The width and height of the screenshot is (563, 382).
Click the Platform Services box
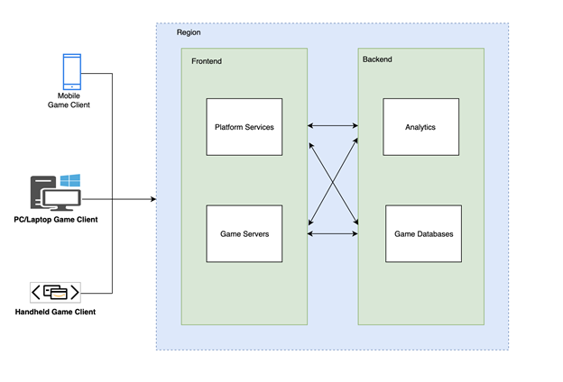point(245,127)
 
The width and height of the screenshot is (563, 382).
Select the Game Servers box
point(245,233)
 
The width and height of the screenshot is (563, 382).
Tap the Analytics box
point(420,127)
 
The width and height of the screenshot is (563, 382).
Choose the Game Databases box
point(423,233)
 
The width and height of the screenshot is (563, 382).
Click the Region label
point(189,32)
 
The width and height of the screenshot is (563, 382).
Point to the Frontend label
point(207,61)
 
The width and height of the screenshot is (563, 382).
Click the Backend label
point(377,59)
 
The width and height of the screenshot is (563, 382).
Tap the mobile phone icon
point(71,71)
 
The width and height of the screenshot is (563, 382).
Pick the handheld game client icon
point(55,293)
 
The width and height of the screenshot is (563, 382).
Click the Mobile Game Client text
point(69,100)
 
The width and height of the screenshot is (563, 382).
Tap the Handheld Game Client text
point(55,312)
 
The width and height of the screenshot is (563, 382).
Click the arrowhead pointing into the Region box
point(152,198)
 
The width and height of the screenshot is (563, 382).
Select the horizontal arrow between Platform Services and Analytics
point(333,127)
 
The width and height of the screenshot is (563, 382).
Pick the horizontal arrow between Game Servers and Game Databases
point(333,233)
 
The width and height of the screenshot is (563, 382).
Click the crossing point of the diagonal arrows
point(333,180)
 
